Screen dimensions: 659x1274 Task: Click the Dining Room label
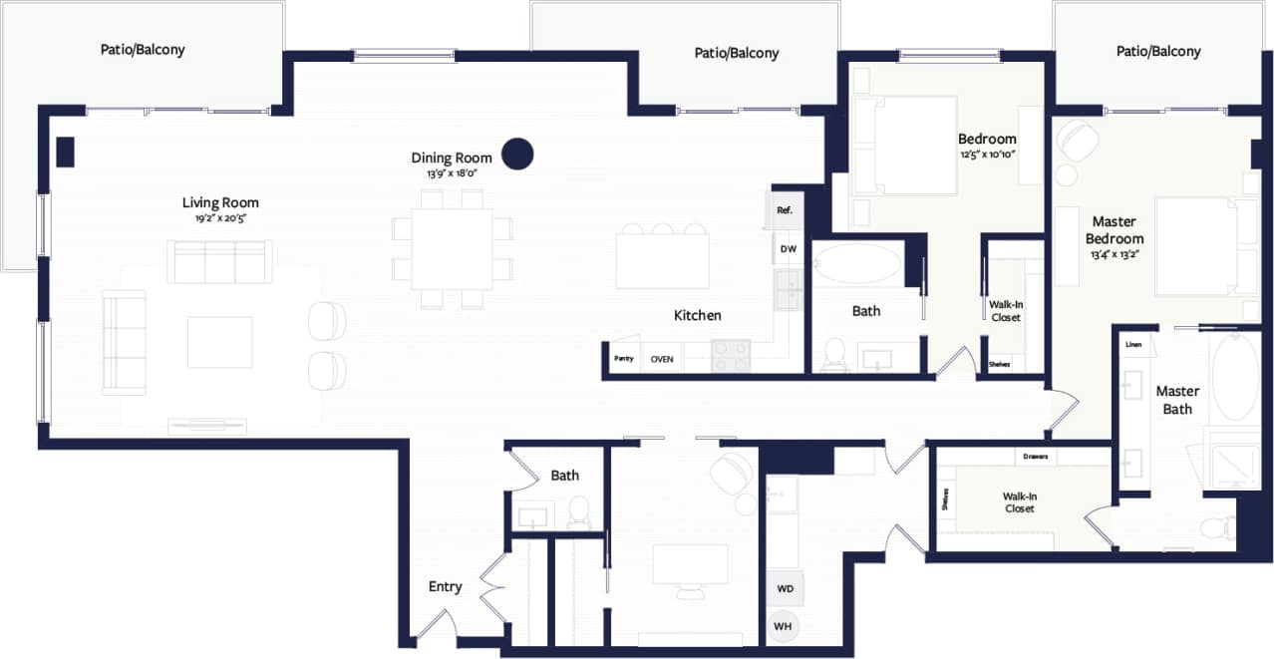(x=452, y=158)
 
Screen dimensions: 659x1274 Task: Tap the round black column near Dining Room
(x=516, y=154)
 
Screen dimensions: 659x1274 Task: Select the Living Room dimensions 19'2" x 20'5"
(x=220, y=217)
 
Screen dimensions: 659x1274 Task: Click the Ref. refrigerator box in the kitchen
(x=785, y=210)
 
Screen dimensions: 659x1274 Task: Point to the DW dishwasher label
(x=788, y=249)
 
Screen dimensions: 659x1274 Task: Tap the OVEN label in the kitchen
(x=661, y=359)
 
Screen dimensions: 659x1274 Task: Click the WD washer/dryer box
(x=785, y=588)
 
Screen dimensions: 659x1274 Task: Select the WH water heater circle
(x=785, y=625)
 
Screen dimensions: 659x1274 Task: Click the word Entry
(x=445, y=586)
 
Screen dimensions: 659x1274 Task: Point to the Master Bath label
(x=1177, y=400)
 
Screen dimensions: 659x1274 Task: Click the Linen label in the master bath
(x=1133, y=345)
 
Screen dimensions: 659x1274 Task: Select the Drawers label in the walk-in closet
(x=1035, y=458)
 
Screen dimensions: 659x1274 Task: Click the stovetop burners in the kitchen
(x=731, y=356)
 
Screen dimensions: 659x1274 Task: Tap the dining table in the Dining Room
(x=452, y=248)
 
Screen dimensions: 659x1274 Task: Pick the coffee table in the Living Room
(x=219, y=342)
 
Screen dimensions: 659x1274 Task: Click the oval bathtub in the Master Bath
(x=1234, y=378)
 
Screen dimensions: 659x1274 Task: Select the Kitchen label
(x=697, y=315)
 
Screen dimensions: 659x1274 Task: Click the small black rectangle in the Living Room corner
(x=65, y=152)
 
